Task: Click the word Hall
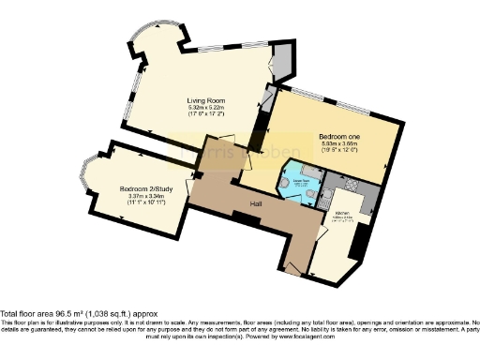(254, 202)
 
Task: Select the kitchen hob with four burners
(367, 192)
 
